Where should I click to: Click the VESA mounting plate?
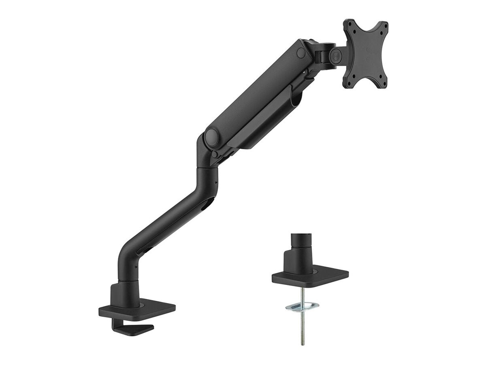click(365, 54)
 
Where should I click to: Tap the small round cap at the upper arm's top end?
click(301, 53)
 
